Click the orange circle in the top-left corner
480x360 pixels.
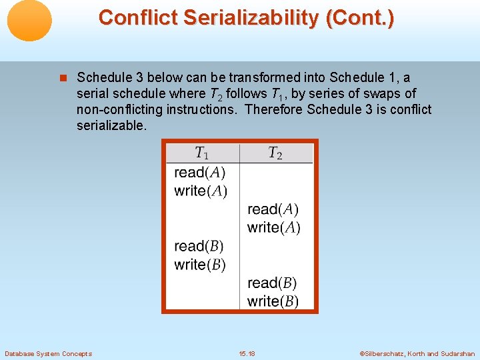29,20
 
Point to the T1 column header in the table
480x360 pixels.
201,153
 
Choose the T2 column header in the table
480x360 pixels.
275,153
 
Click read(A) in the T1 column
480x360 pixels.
199,173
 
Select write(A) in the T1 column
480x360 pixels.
200,191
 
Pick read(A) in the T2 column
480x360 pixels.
273,209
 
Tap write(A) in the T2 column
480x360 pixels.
273,227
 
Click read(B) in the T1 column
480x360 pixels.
199,246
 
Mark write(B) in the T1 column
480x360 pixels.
199,265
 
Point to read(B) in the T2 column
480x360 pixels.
272,283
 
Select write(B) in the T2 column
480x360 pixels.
273,301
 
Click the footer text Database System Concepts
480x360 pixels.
48,353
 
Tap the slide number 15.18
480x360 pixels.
247,353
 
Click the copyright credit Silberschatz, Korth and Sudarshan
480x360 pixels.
417,353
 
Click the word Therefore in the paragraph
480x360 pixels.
273,109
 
